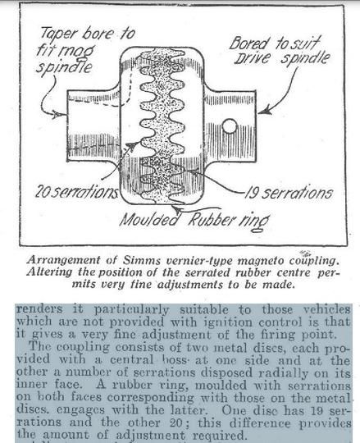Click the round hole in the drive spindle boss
[x=230, y=126]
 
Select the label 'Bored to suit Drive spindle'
[x=280, y=52]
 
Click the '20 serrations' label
[x=76, y=191]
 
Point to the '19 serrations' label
[x=289, y=193]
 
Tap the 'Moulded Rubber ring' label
[x=195, y=221]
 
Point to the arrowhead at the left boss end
[x=57, y=114]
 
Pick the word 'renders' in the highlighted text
[x=39, y=308]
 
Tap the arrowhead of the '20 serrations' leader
[x=131, y=145]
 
